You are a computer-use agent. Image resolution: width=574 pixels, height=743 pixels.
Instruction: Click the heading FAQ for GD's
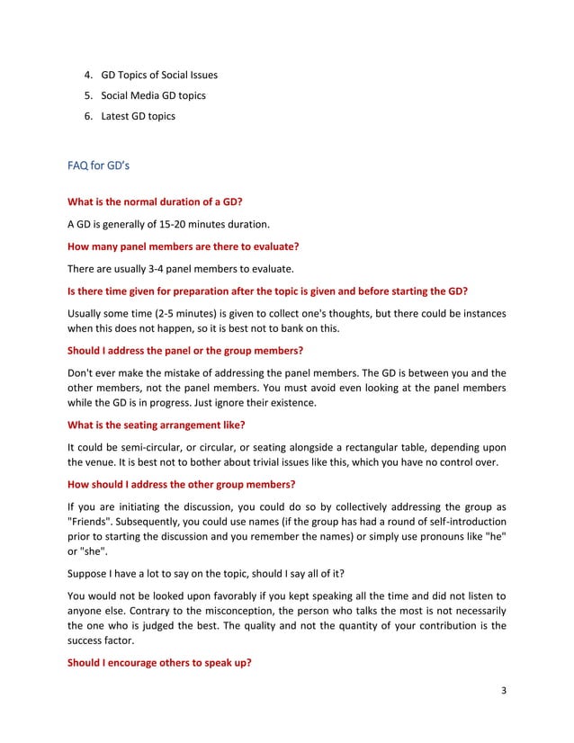[x=100, y=166]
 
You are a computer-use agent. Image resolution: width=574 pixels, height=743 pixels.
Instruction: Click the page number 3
[x=504, y=691]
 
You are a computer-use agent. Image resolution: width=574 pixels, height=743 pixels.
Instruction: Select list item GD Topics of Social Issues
[x=159, y=75]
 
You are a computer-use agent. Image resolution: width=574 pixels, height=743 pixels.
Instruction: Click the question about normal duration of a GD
[x=155, y=202]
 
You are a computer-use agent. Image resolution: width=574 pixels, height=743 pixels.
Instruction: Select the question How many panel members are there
[x=184, y=246]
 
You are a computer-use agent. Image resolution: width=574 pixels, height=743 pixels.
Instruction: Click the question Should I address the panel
[x=185, y=350]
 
